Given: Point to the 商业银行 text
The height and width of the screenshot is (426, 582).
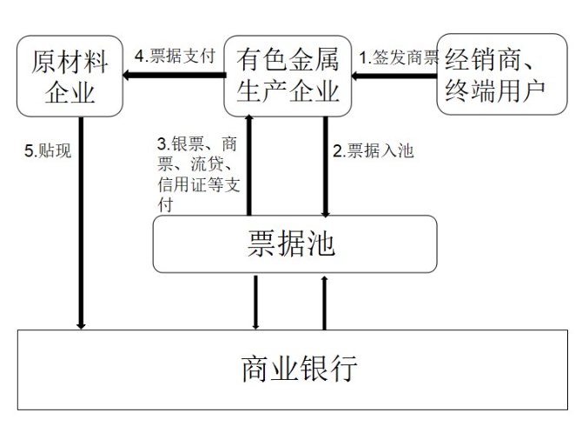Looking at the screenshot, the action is pyautogui.click(x=299, y=369).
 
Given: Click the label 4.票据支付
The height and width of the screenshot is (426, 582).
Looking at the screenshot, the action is pyautogui.click(x=175, y=57).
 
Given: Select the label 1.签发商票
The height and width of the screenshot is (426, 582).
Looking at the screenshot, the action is pyautogui.click(x=399, y=57).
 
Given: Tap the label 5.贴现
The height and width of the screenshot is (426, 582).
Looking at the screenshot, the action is pyautogui.click(x=48, y=150).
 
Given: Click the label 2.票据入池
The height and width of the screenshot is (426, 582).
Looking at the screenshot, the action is pyautogui.click(x=373, y=150).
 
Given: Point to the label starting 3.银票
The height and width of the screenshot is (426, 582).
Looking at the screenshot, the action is pyautogui.click(x=199, y=174).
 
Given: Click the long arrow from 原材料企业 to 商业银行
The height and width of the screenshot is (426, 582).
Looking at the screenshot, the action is pyautogui.click(x=81, y=223).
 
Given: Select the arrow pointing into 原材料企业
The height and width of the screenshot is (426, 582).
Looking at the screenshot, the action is pyautogui.click(x=175, y=75).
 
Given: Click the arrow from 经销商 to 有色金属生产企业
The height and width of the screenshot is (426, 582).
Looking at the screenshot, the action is pyautogui.click(x=394, y=77).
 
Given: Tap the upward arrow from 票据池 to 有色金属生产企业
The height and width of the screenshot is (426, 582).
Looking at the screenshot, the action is pyautogui.click(x=249, y=165).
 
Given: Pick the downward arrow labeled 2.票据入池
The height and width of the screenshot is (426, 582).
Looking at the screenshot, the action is pyautogui.click(x=326, y=167).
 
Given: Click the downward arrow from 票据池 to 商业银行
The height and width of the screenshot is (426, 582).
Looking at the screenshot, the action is pyautogui.click(x=255, y=303).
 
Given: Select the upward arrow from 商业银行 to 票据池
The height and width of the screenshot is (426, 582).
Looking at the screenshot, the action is pyautogui.click(x=324, y=303).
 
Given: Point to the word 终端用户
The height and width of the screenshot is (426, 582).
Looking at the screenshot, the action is pyautogui.click(x=495, y=90).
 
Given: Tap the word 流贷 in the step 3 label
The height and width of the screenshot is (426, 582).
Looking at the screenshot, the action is pyautogui.click(x=207, y=164).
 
